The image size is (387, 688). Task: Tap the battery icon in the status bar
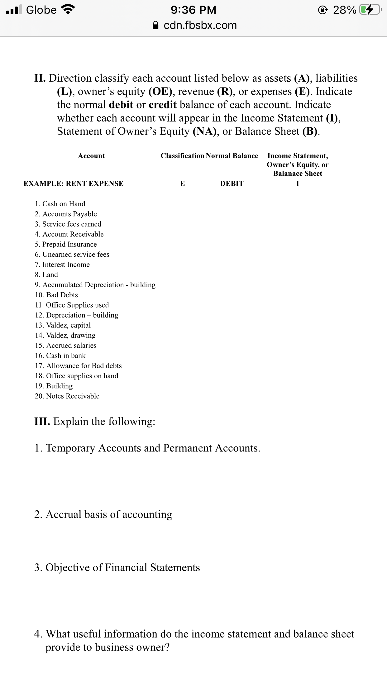point(369,10)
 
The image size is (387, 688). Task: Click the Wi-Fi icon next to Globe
point(68,10)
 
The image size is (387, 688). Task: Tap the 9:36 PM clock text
point(193,10)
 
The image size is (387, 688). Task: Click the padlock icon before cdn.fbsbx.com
point(156,25)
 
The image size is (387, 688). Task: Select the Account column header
point(91,156)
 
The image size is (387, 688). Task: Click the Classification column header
point(182,156)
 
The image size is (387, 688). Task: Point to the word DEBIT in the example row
point(232,184)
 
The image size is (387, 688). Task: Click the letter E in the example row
point(182,184)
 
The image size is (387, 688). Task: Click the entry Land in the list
point(50,275)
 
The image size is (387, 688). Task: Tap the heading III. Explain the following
point(95,421)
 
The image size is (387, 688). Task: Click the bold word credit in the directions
point(162,105)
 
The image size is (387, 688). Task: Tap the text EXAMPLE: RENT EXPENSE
point(74,184)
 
